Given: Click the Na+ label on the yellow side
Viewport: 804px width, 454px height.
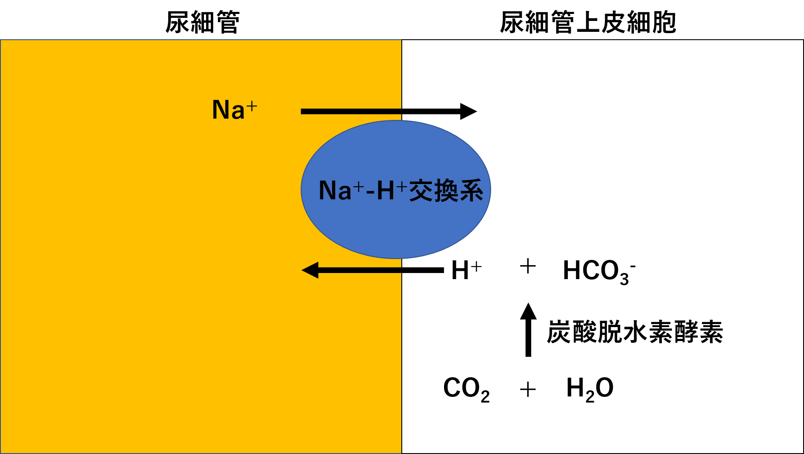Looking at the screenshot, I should (234, 109).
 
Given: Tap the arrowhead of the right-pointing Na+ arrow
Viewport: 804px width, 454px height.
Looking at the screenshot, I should (469, 112).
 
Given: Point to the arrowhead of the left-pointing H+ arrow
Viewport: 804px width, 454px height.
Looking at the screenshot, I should (310, 270).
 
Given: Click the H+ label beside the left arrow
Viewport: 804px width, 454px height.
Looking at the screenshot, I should (466, 270).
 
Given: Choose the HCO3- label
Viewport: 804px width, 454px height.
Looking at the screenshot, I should (598, 271).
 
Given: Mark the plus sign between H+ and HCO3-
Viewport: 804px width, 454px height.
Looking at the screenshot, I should (528, 266).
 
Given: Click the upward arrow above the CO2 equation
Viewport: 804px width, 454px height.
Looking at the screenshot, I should (528, 336).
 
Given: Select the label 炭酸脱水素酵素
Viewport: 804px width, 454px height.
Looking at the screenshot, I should (635, 332).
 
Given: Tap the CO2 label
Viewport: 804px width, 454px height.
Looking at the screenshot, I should (466, 389).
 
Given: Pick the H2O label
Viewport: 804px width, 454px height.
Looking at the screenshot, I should (590, 389).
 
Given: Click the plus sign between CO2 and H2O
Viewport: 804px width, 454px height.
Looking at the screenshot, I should (528, 389).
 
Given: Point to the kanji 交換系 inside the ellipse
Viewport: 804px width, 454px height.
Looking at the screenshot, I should (446, 191).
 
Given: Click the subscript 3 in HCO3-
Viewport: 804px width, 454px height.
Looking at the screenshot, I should (624, 279).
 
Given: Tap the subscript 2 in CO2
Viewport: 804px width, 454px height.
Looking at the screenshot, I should (485, 397).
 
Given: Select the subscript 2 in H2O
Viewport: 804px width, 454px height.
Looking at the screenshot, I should (590, 397).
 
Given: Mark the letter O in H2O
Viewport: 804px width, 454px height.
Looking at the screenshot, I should (604, 387).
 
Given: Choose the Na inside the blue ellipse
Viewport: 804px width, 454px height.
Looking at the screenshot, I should (335, 191).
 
